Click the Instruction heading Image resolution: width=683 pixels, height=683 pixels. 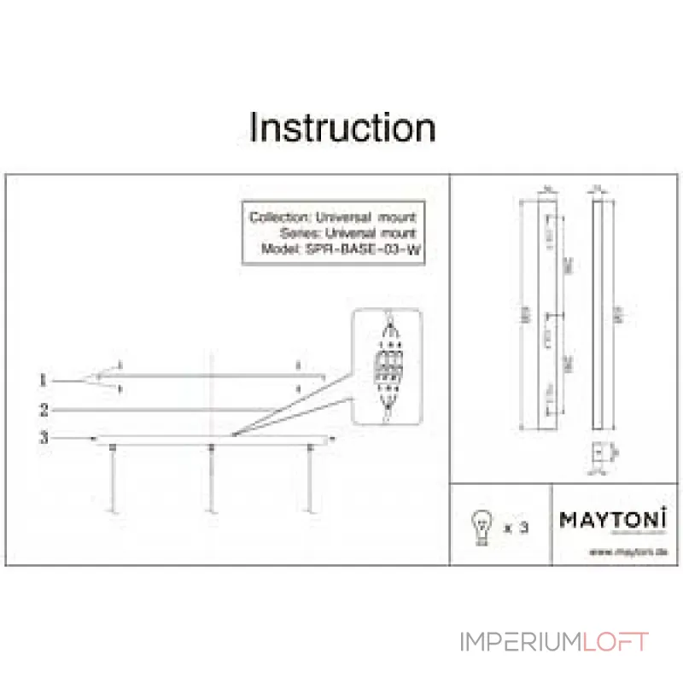(342, 128)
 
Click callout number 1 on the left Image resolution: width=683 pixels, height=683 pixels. (43, 379)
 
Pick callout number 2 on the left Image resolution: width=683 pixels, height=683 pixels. (43, 410)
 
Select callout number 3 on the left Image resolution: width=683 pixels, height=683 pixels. (43, 438)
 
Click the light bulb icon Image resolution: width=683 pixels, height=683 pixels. (483, 525)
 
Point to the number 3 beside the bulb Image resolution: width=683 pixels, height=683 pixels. (524, 527)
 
